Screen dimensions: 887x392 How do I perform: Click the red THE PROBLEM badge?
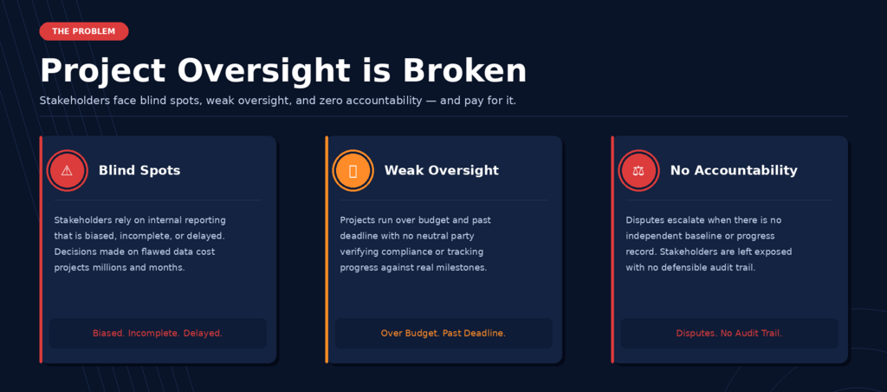[84, 31]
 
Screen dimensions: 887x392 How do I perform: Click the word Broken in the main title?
[464, 71]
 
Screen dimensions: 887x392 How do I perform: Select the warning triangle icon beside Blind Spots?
[67, 170]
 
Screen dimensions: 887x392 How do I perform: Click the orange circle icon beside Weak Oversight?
[353, 170]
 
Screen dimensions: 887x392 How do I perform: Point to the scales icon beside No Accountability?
[638, 170]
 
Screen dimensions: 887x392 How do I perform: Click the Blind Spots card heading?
[139, 170]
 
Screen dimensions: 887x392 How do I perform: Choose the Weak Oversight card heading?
[442, 170]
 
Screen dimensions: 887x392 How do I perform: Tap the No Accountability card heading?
[734, 170]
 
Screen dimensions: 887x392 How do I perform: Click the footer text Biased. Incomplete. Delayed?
[158, 333]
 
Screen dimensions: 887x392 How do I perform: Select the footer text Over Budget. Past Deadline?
[443, 333]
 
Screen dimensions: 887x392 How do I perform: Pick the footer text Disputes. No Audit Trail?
[729, 333]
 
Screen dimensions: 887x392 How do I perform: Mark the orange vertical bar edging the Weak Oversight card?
[327, 249]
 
